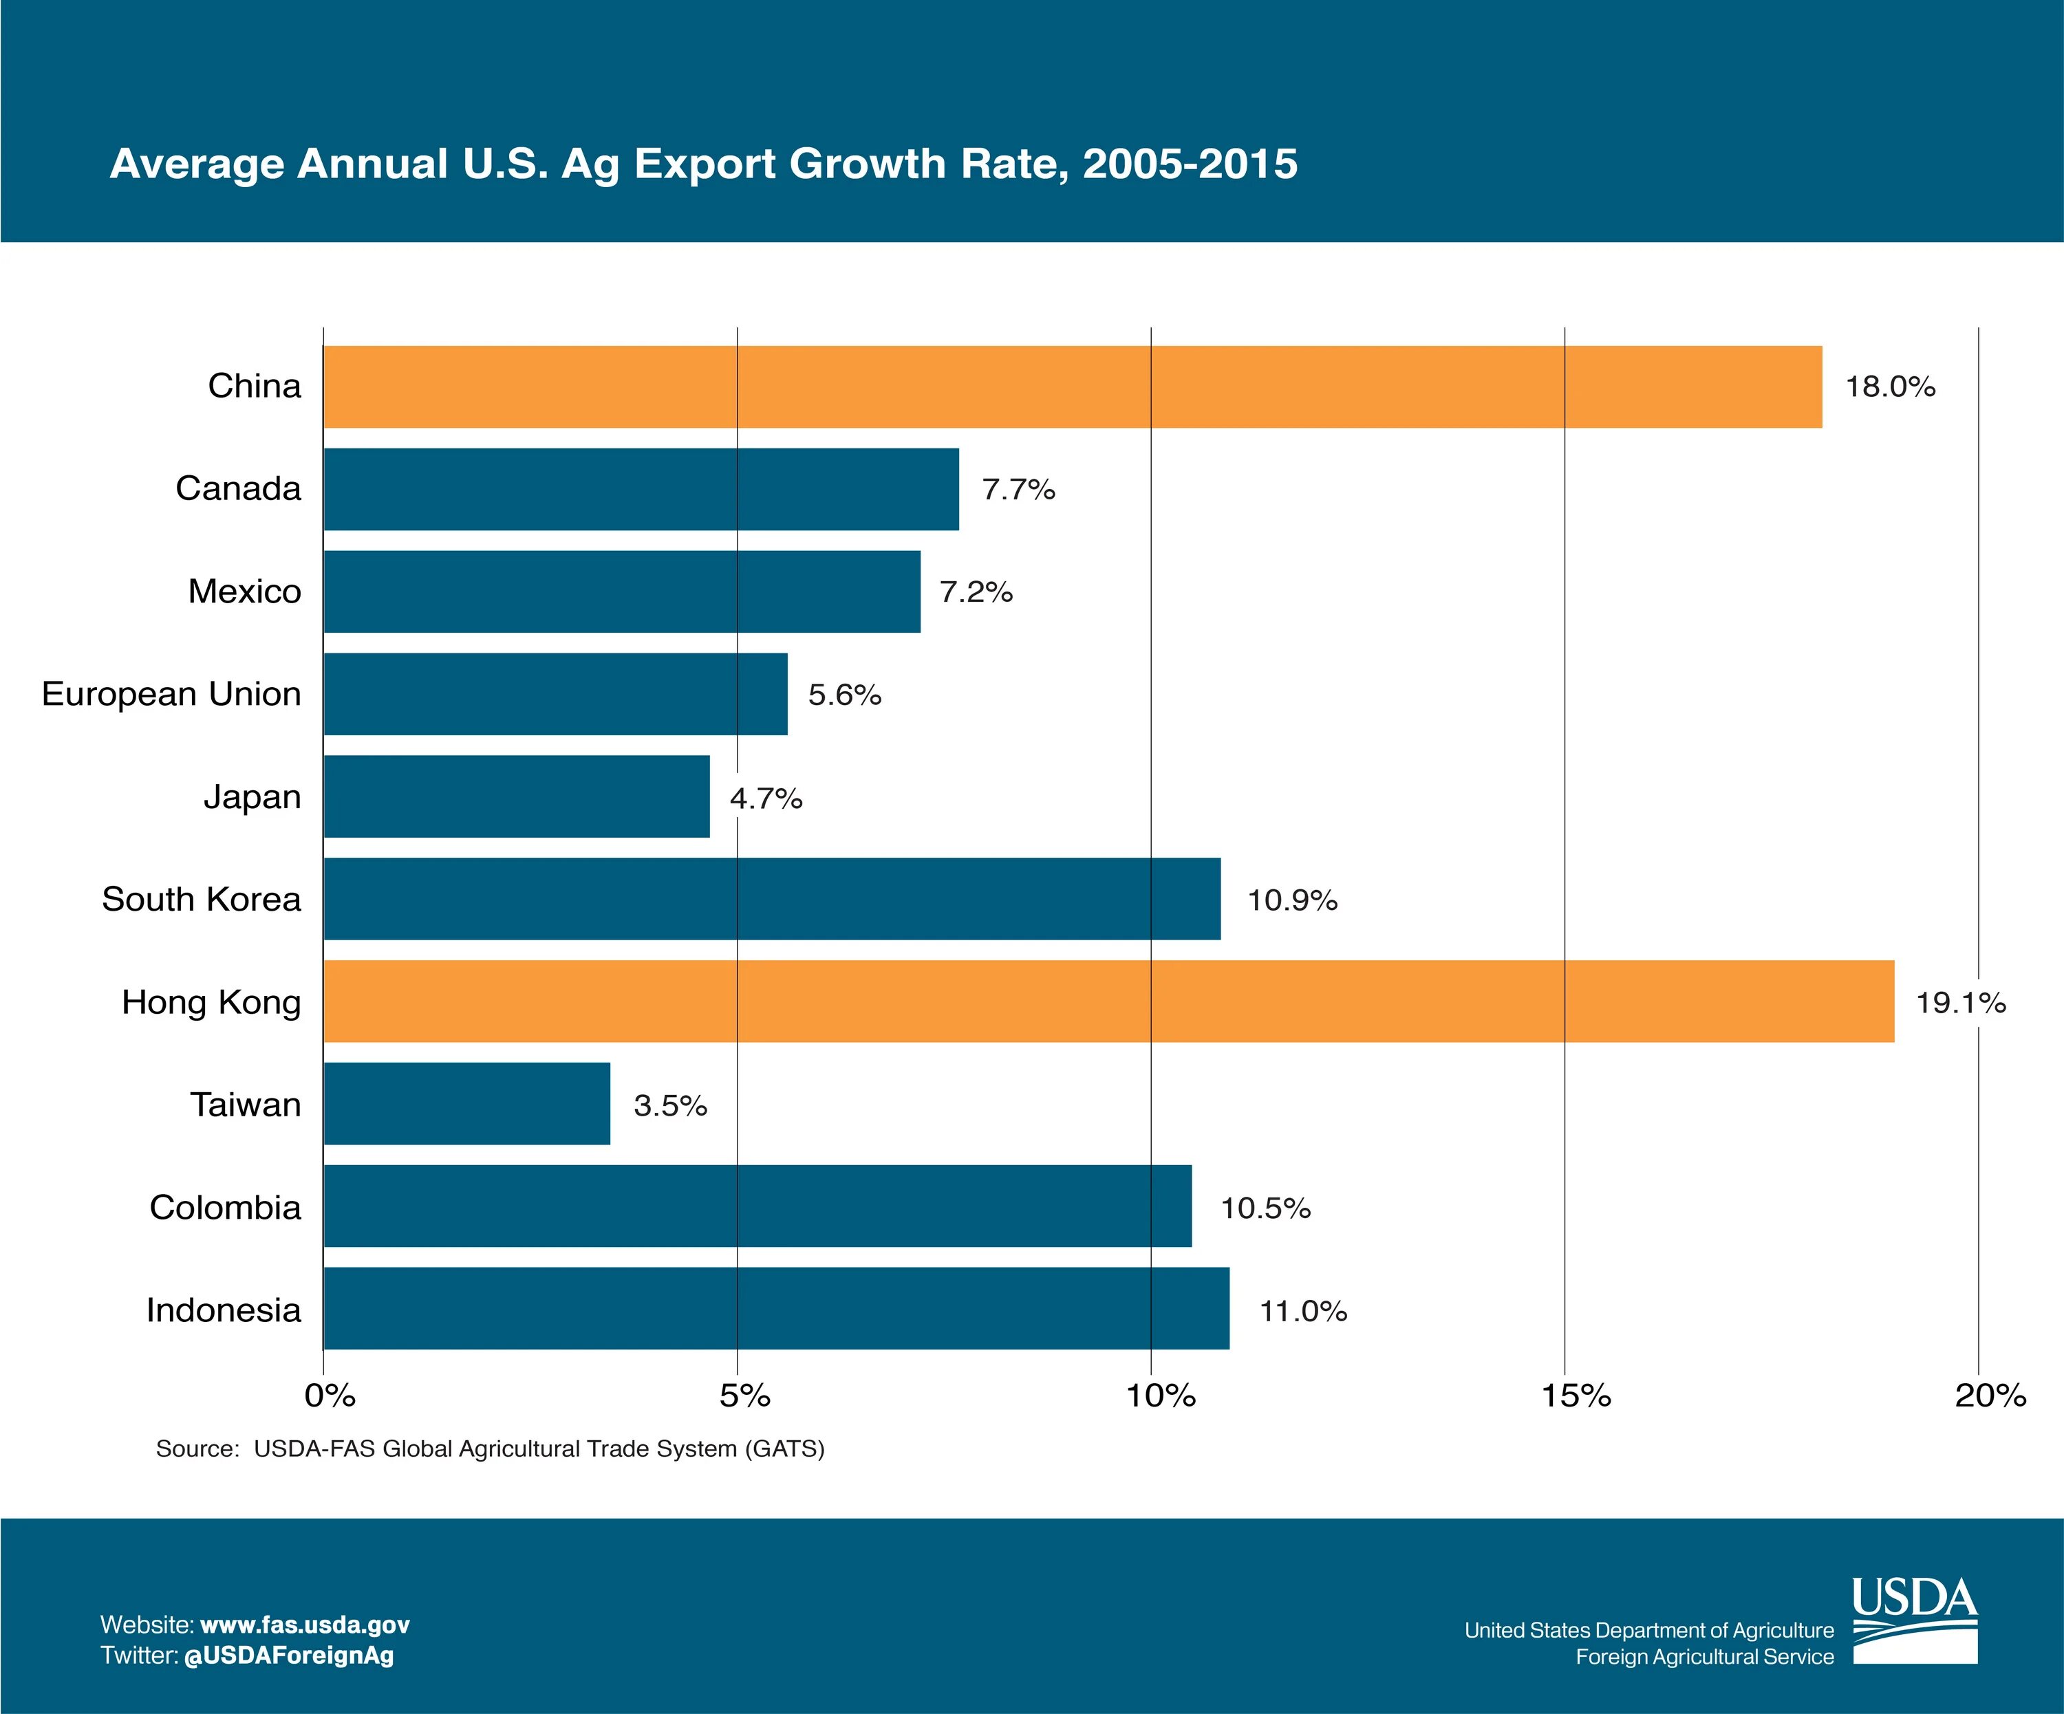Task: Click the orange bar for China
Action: [x=1071, y=387]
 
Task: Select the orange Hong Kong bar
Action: [x=1108, y=1001]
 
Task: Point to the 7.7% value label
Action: [x=1018, y=490]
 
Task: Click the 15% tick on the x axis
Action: [x=1576, y=1396]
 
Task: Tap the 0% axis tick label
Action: [x=330, y=1396]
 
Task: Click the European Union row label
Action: [x=171, y=694]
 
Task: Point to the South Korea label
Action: [x=202, y=899]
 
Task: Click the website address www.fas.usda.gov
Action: [x=305, y=1625]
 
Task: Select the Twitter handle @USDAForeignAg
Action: [x=289, y=1655]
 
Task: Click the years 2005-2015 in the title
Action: [x=1190, y=163]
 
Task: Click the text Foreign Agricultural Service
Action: [x=1704, y=1657]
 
